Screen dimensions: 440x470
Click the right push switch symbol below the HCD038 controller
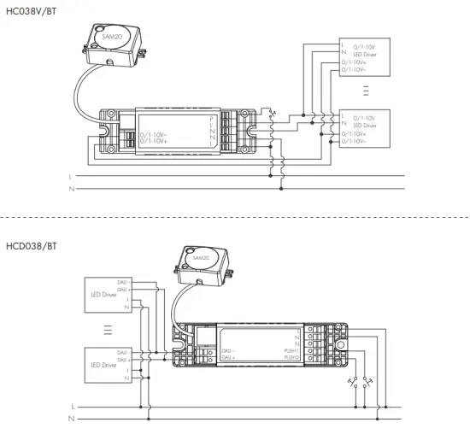tap(367, 383)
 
